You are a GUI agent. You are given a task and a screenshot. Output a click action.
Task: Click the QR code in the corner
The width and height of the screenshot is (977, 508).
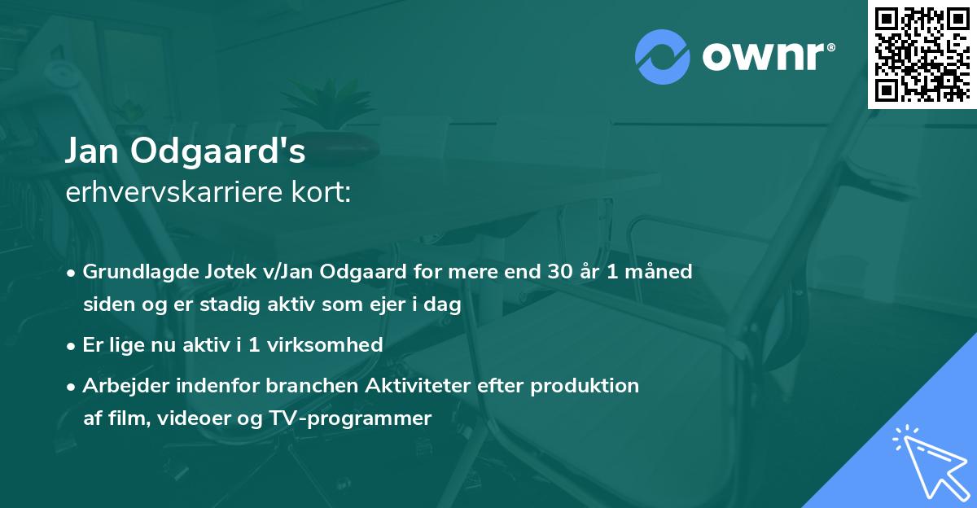coord(922,54)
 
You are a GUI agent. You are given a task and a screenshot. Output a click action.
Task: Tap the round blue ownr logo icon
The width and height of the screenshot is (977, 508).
coord(662,57)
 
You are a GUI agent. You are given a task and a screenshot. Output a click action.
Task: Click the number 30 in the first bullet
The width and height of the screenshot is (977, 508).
coord(559,272)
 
